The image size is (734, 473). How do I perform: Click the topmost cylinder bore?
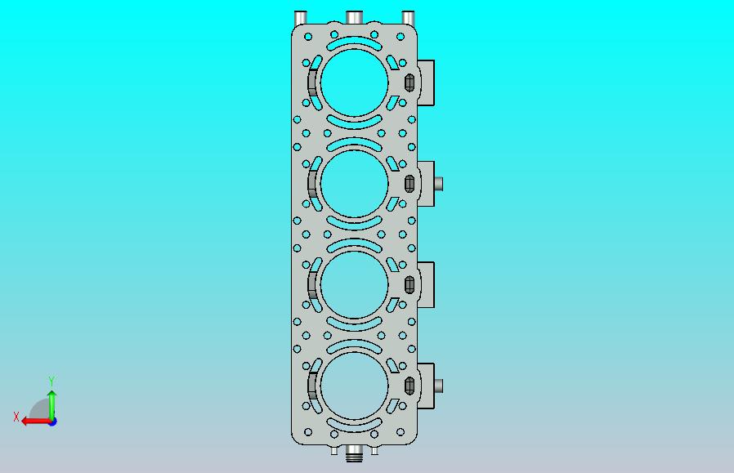355,83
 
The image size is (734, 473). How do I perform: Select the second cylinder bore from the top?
355,184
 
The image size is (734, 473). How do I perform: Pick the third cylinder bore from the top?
355,285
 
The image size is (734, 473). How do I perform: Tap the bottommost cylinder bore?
355,386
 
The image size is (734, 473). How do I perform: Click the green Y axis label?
51,381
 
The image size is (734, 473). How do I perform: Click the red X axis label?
16,417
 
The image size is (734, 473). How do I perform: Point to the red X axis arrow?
37,422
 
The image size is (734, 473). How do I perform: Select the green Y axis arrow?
52,405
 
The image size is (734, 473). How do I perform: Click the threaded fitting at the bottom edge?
354,453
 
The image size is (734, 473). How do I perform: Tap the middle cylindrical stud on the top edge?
355,17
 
